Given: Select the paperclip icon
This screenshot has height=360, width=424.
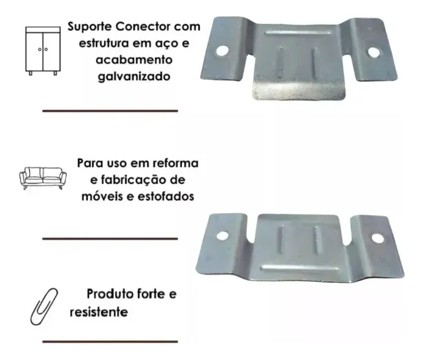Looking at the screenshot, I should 44,306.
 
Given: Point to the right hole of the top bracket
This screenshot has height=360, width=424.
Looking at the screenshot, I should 374,51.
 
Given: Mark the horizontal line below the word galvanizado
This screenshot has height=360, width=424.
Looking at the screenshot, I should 109,111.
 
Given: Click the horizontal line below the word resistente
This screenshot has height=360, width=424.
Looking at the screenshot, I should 109,341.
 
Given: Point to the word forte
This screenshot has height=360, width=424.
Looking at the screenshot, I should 153,295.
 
